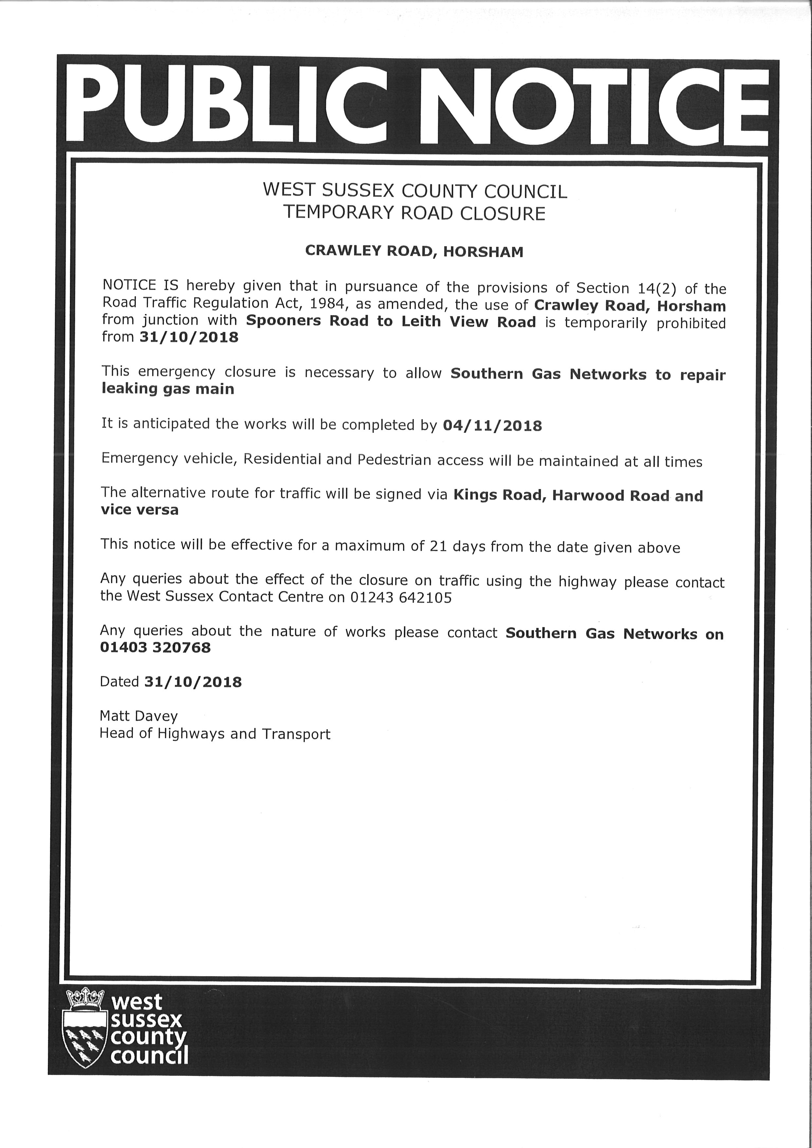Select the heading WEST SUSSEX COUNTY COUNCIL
pyautogui.click(x=415, y=191)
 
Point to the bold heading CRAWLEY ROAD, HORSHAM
pyautogui.click(x=414, y=251)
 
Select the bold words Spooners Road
pyautogui.click(x=307, y=321)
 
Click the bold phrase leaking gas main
pyautogui.click(x=168, y=389)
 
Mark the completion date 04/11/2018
pyautogui.click(x=492, y=426)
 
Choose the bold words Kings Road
pyautogui.click(x=497, y=495)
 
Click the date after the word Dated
pyautogui.click(x=193, y=682)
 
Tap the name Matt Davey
pyautogui.click(x=138, y=716)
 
